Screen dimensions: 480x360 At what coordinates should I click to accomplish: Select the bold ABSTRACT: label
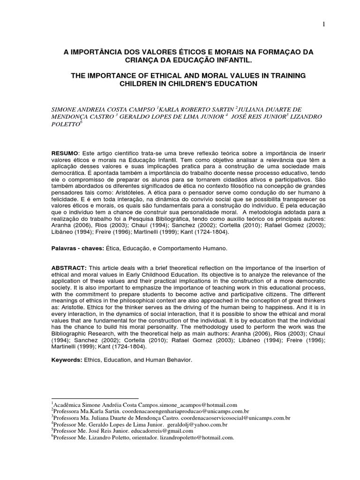(68, 267)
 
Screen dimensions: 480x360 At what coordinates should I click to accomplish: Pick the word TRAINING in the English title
(285, 75)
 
